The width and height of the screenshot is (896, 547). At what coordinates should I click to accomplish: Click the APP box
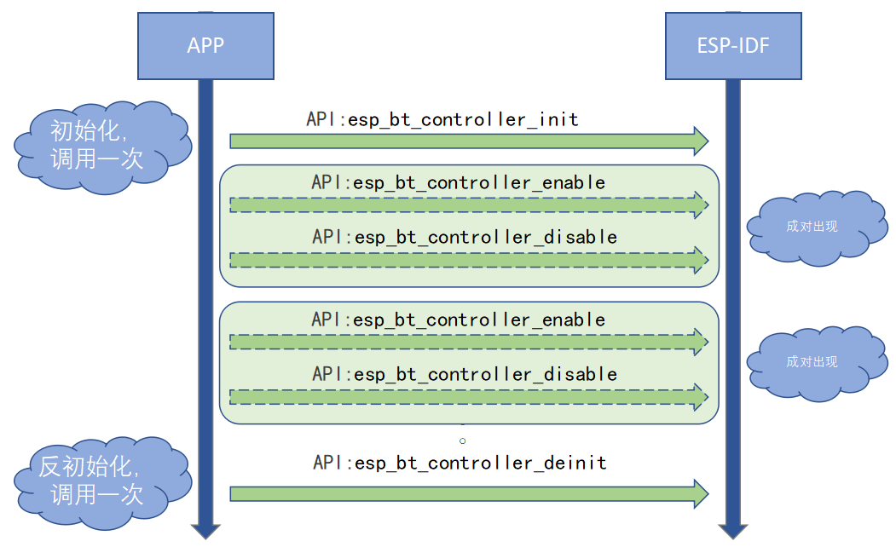pos(205,45)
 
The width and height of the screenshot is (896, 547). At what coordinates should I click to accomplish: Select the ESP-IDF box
pos(733,45)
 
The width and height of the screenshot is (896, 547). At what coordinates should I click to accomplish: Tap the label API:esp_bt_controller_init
pos(442,119)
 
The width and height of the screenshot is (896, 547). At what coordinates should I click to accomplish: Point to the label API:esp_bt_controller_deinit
pos(460,463)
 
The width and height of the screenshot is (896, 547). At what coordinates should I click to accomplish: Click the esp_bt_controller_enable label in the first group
pos(459,182)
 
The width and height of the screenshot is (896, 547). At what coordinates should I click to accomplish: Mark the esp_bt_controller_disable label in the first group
pos(465,236)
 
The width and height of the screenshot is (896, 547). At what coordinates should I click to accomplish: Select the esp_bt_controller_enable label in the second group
pos(459,320)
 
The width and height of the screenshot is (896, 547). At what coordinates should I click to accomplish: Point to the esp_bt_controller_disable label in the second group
pos(465,374)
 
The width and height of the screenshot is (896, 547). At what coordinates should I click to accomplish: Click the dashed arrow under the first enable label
pos(469,204)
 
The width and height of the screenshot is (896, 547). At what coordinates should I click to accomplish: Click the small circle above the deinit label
pos(463,440)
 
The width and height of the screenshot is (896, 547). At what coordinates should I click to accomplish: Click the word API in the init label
pos(323,119)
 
